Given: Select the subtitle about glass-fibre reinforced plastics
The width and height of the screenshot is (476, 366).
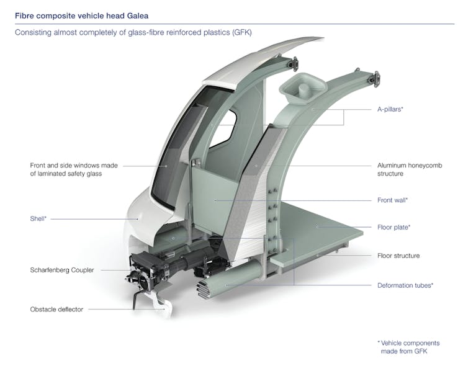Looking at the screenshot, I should coord(133,32).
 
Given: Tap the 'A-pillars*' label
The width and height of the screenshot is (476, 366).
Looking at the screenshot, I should coord(390,109).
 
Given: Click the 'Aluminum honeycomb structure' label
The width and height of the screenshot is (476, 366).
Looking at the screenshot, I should coord(410,170).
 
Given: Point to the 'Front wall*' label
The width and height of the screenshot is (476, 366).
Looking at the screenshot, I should coord(392,200).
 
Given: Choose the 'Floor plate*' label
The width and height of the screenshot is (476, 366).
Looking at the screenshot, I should coord(393,227).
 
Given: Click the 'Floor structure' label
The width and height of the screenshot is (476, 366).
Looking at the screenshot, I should coord(398,255).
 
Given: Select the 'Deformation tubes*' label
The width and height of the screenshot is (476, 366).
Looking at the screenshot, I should coord(405,285).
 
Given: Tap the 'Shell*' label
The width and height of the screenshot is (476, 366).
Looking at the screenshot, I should coord(38,218).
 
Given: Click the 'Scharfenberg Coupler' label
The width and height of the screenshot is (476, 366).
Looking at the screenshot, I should coord(65,270).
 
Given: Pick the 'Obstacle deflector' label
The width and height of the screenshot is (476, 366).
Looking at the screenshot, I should coord(56,309).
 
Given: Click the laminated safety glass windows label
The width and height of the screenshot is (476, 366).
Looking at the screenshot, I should coord(74,170).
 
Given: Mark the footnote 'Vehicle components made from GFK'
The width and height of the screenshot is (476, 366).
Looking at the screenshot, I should coord(408,347).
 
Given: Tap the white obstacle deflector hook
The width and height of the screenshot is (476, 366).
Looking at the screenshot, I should coord(162,308).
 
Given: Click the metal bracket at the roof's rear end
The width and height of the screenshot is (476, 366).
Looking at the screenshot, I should coord(294,63).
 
